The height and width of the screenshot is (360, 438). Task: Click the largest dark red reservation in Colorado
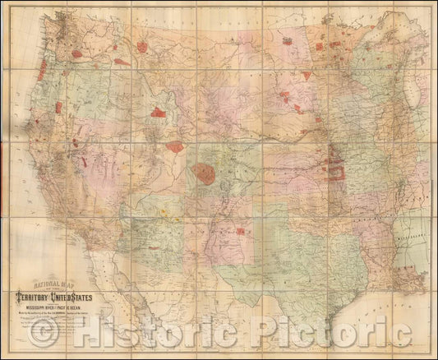(204, 173)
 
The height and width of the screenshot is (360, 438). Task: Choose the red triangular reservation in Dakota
(307, 75)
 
